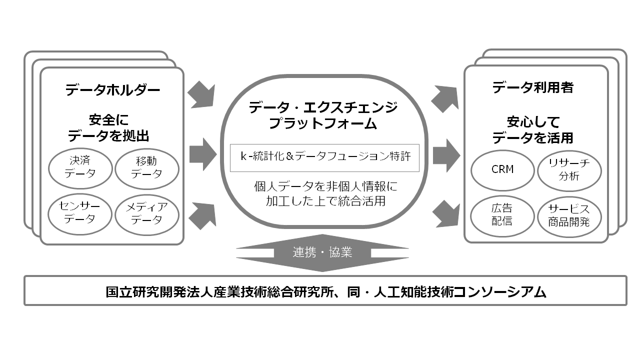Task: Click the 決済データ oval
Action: [x=80, y=167]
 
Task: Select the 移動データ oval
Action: [x=147, y=167]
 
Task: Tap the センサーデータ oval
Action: [x=80, y=212]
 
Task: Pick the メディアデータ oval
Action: [x=147, y=212]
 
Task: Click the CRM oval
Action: [x=502, y=169]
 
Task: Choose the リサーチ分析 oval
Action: [x=569, y=169]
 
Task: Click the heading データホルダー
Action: [x=112, y=90]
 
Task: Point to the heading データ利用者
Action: [x=532, y=87]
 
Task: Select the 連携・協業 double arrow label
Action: [x=322, y=252]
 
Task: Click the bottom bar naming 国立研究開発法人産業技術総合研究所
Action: [x=325, y=291]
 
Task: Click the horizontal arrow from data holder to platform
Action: [x=202, y=154]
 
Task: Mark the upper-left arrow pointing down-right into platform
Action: [x=201, y=95]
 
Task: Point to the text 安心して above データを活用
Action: [x=533, y=121]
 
